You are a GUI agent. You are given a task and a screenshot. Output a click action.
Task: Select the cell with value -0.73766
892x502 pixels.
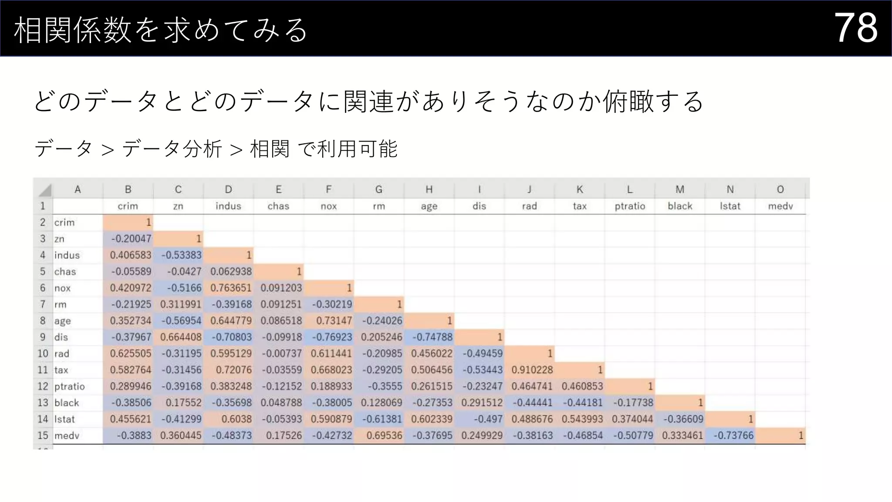[733, 435]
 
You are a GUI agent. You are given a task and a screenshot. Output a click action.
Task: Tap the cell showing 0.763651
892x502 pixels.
[231, 288]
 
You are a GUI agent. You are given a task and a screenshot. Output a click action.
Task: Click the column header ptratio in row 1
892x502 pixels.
[629, 206]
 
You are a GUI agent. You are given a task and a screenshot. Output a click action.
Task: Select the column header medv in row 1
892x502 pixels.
[780, 206]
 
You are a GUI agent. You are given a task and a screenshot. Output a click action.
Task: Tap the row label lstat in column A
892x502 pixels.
[64, 419]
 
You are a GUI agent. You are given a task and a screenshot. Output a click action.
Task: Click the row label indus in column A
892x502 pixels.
[67, 255]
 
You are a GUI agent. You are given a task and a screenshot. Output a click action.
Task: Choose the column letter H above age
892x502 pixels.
[429, 190]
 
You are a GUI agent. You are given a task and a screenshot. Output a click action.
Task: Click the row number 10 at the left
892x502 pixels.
[43, 353]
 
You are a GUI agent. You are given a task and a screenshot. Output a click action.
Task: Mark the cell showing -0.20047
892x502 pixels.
[131, 239]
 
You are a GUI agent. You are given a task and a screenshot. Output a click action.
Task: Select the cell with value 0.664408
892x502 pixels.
[181, 337]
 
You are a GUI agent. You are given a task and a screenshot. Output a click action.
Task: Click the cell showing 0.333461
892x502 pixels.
[682, 435]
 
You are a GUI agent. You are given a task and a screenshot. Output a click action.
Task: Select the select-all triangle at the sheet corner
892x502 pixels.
[45, 190]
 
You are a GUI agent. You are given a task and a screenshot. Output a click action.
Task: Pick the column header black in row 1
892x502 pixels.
[679, 206]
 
